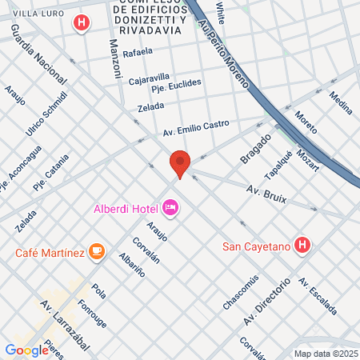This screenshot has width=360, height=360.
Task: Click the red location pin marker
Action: click(180, 163)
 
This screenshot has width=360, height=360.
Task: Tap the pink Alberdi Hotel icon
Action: click(170, 209)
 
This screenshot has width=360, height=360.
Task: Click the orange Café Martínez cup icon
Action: click(97, 253)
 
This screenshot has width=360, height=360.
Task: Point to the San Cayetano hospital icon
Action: click(302, 244)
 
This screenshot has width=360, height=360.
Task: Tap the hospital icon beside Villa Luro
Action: click(80, 23)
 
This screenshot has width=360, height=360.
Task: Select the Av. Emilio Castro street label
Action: click(196, 126)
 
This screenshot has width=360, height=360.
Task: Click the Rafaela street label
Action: click(138, 52)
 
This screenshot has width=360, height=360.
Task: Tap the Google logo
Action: click(27, 350)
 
